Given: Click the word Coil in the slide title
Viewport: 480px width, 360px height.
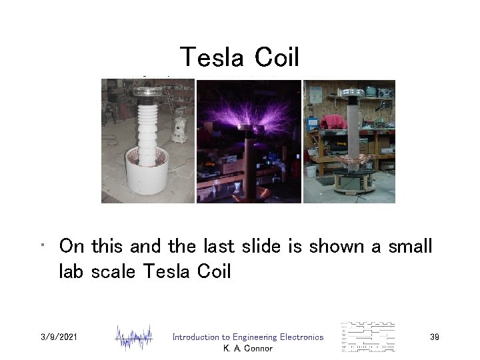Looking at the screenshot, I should tap(275, 58).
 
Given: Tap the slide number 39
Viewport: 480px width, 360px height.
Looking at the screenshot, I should tap(434, 337).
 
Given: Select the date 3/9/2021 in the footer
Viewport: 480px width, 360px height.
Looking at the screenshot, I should tap(59, 337).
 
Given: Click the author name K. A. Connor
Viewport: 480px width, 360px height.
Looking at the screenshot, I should tap(247, 348).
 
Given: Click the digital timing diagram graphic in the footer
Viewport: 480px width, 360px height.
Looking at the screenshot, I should tap(367, 337).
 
